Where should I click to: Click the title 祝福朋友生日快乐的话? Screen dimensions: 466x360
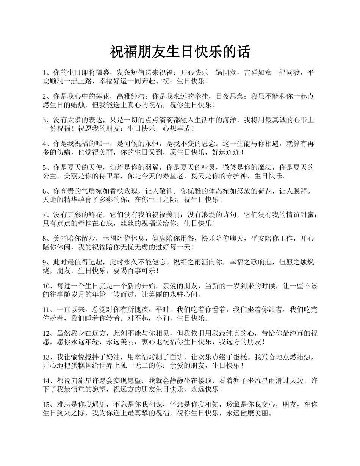click(180, 52)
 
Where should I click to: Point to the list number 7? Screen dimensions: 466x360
click(44, 215)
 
